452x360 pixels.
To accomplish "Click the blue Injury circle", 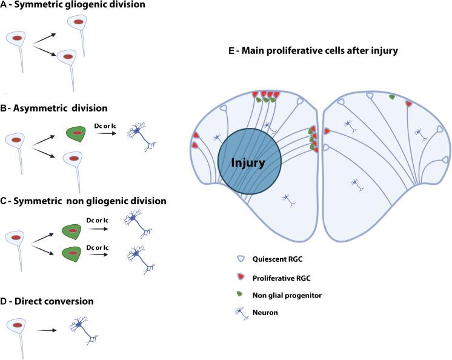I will click(x=248, y=162).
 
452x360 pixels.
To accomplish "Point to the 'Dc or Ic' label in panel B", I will click(x=104, y=121).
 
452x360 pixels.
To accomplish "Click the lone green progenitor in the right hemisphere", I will click(x=392, y=96).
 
